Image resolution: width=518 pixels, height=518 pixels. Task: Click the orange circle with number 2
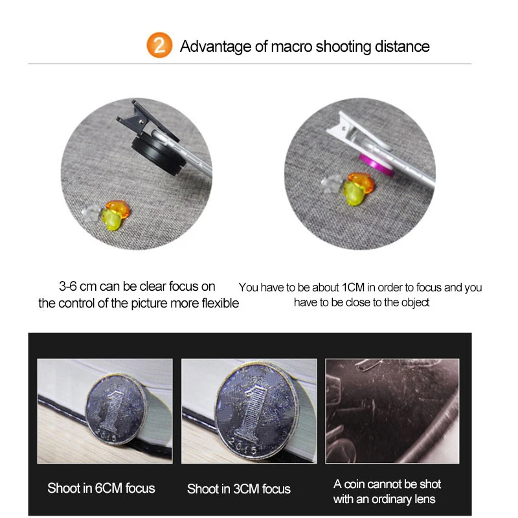click(x=159, y=45)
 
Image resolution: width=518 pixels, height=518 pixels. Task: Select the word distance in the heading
click(x=402, y=46)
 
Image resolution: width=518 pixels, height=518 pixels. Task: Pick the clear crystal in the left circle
click(x=91, y=213)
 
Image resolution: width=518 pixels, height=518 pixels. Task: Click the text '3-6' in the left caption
click(x=68, y=286)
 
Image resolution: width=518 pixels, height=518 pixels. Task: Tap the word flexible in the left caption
click(x=220, y=303)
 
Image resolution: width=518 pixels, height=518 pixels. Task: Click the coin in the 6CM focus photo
click(x=115, y=409)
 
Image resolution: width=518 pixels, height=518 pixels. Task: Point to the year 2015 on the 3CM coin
click(x=243, y=447)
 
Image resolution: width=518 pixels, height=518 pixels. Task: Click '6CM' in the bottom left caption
click(x=108, y=488)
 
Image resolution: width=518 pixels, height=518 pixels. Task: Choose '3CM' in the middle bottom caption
click(x=246, y=489)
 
